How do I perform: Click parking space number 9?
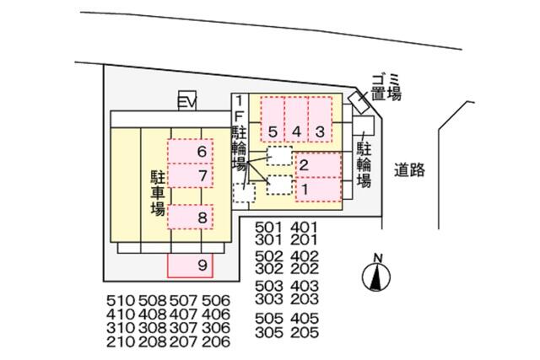(x=190, y=266)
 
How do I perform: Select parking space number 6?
(x=190, y=151)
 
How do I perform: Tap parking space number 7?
(x=190, y=175)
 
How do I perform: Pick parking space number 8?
(x=190, y=217)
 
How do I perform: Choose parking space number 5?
(x=273, y=120)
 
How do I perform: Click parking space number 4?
(x=296, y=120)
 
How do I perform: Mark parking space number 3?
(x=320, y=120)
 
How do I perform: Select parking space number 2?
(x=318, y=165)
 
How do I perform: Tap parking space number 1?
(x=318, y=190)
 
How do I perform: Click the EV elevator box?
(x=187, y=101)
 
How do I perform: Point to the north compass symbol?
(x=376, y=273)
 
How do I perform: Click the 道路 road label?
(x=409, y=170)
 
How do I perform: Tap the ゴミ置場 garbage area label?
(x=386, y=88)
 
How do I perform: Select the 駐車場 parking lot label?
(x=158, y=192)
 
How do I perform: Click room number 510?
(x=120, y=301)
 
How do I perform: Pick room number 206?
(x=216, y=341)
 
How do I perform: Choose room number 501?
(x=268, y=228)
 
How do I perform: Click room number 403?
(x=305, y=286)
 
